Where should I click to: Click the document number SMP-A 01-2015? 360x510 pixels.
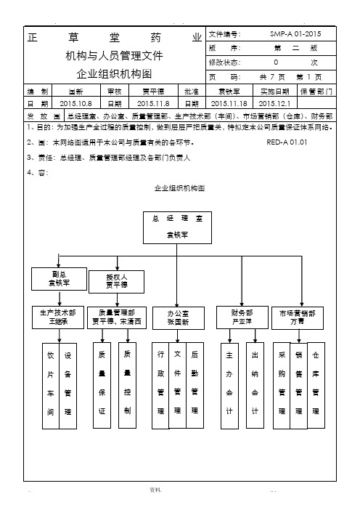tap(295, 34)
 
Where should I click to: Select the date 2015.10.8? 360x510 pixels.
tap(75, 104)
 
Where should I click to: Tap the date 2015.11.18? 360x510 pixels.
tap(229, 104)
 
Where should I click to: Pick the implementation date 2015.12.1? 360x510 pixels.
tap(274, 104)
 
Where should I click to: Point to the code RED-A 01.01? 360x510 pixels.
tap(287, 142)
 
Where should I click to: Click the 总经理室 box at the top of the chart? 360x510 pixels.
tap(177, 227)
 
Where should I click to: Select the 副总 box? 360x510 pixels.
tap(59, 279)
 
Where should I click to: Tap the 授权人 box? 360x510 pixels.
tap(117, 282)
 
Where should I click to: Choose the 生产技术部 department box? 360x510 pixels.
tap(58, 317)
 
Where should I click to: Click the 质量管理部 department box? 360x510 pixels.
tap(117, 317)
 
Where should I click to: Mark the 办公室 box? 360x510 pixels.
tap(179, 318)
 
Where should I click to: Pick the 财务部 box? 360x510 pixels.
tap(242, 317)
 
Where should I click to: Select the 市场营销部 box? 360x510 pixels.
tap(298, 318)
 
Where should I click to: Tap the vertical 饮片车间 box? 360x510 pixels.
tap(51, 386)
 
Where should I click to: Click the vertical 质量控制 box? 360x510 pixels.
tap(127, 386)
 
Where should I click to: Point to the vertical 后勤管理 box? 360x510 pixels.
tap(195, 386)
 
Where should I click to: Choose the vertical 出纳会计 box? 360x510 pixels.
tap(255, 386)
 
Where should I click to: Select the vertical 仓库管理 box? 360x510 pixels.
tap(316, 386)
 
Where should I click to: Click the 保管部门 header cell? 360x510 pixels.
tap(316, 92)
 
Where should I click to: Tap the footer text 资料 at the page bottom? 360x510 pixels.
tap(155, 490)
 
